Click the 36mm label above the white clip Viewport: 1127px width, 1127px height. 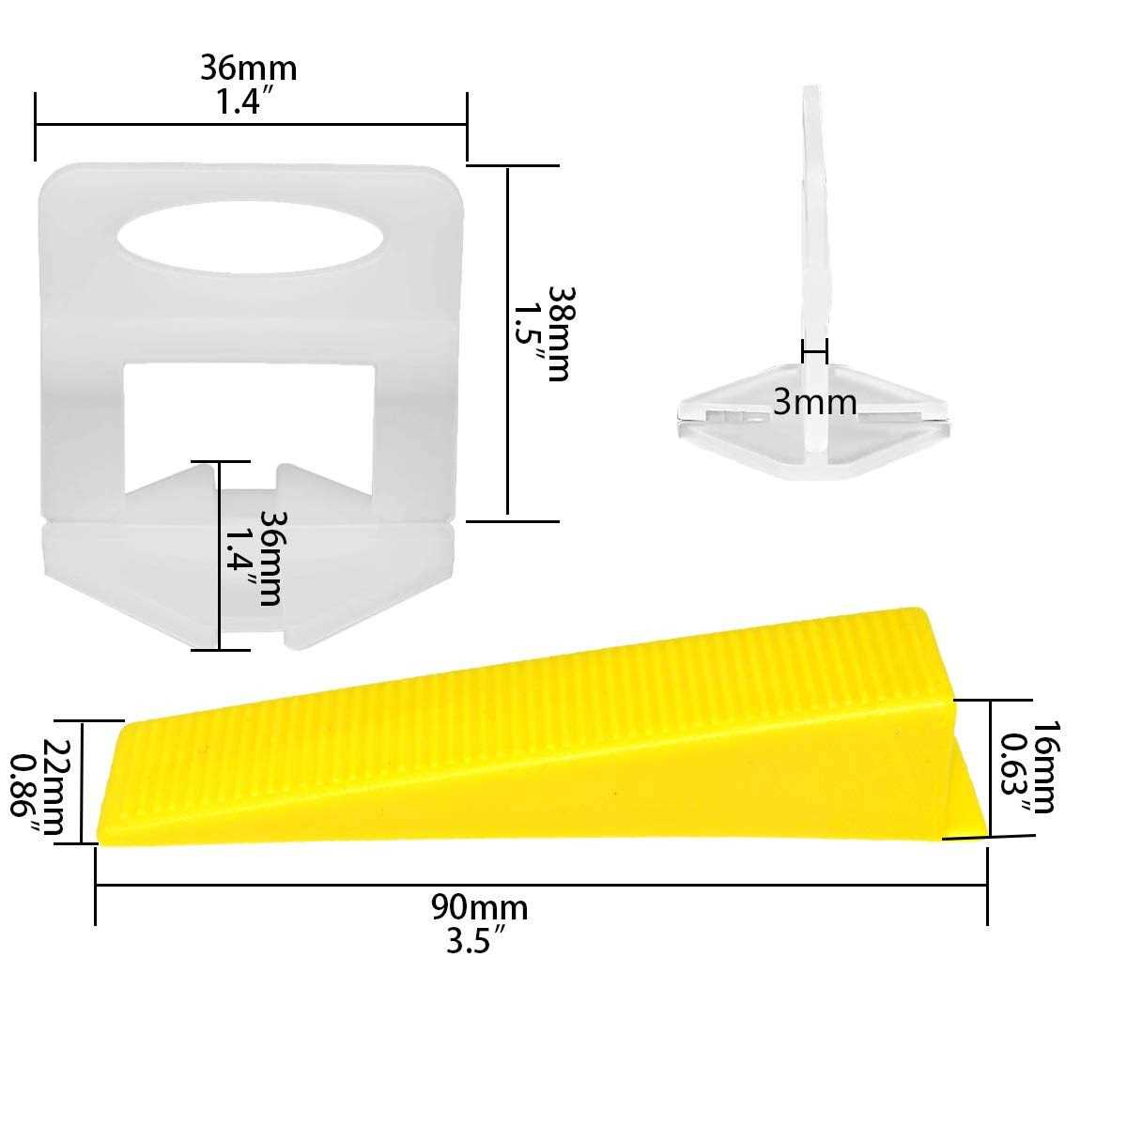248,68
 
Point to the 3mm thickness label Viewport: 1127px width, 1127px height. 814,402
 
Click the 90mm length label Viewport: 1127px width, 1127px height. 479,907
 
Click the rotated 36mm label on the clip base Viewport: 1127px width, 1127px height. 270,558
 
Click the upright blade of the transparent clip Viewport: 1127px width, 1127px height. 813,216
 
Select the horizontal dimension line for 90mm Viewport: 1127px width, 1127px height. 540,884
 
